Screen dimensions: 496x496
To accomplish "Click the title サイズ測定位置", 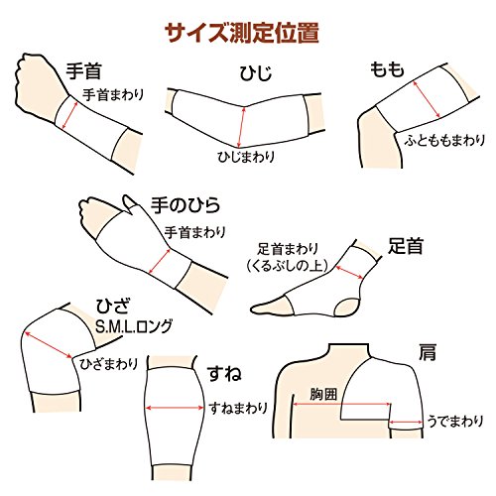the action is click(x=242, y=33).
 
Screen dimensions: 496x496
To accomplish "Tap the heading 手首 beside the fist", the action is click(x=83, y=70).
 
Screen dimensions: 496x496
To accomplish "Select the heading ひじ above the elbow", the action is click(x=256, y=73).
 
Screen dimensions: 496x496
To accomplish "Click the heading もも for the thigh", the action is click(x=387, y=69).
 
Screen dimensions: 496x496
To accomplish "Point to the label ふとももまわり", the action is click(x=444, y=140).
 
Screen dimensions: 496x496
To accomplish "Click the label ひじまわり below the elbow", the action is click(x=246, y=156).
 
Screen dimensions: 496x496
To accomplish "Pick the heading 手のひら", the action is click(x=186, y=205).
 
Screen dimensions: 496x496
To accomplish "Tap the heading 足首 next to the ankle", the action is click(x=406, y=246).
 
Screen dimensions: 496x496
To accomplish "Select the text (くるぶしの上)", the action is click(x=288, y=265).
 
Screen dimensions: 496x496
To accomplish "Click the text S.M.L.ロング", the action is click(x=134, y=326).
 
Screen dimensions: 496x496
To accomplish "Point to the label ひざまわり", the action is click(x=109, y=364).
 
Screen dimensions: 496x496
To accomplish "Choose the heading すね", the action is click(x=224, y=374).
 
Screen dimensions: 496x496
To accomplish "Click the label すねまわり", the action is click(x=238, y=409).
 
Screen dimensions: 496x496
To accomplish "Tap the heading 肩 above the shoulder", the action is click(x=428, y=352).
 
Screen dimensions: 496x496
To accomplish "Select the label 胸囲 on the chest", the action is click(x=323, y=394).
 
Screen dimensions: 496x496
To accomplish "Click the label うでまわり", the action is click(x=455, y=422).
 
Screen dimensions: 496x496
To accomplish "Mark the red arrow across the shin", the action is click(x=175, y=408).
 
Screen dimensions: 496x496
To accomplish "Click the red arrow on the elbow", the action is click(x=242, y=127).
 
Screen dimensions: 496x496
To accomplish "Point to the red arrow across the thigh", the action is click(x=427, y=99).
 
